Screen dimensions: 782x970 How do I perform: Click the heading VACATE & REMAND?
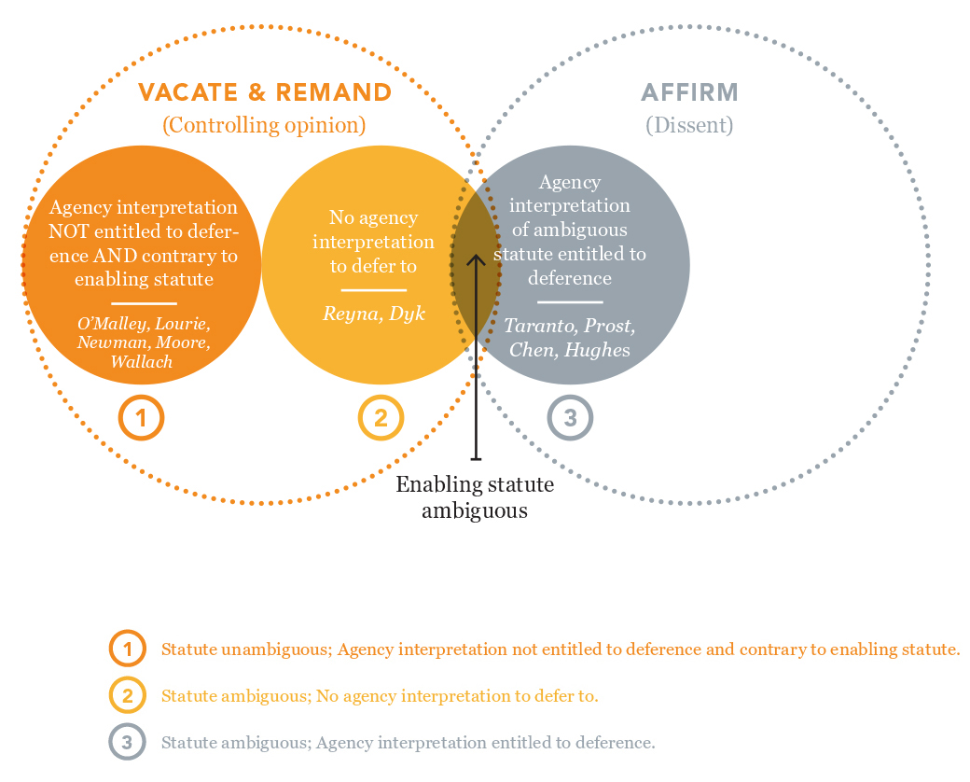click(x=265, y=92)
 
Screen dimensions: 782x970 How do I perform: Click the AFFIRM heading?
click(x=689, y=92)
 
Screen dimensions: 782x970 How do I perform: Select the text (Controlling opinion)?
click(x=264, y=125)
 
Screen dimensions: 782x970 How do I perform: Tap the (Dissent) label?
click(x=689, y=125)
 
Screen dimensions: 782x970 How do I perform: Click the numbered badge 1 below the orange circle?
click(x=141, y=419)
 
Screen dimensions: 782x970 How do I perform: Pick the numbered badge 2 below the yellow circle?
click(x=381, y=419)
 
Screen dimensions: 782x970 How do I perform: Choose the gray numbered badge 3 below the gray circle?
click(x=570, y=419)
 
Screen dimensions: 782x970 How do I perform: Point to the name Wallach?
click(x=142, y=361)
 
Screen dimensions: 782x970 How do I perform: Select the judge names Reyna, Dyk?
click(x=373, y=314)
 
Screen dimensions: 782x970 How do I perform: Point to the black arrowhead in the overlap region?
click(x=476, y=258)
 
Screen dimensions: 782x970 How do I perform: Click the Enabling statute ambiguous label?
click(x=475, y=497)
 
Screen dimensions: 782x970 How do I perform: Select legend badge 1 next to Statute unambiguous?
click(x=127, y=649)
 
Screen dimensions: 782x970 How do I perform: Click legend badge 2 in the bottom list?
click(x=127, y=695)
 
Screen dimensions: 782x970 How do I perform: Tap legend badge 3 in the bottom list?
click(x=127, y=743)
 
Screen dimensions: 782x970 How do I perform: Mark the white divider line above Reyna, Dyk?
click(x=373, y=291)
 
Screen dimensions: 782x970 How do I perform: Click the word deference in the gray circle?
click(x=570, y=278)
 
